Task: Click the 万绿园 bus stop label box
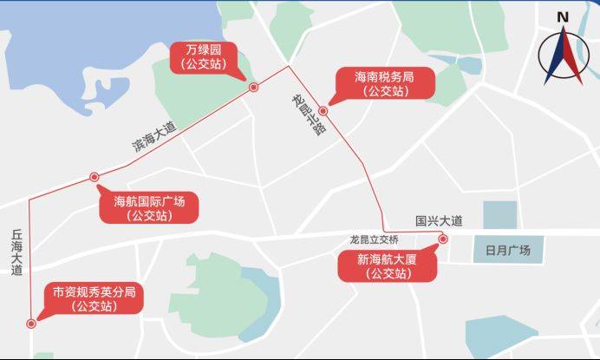pyautogui.click(x=203, y=56)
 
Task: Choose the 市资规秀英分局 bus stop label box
pyautogui.click(x=94, y=298)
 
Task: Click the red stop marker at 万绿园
pyautogui.click(x=253, y=88)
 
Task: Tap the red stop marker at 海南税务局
pyautogui.click(x=323, y=111)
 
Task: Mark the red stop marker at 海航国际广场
pyautogui.click(x=95, y=177)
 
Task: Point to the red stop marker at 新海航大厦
pyautogui.click(x=442, y=239)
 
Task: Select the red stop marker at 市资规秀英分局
pyautogui.click(x=31, y=323)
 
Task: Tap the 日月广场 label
pyautogui.click(x=507, y=251)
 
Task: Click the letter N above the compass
pyautogui.click(x=563, y=17)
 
